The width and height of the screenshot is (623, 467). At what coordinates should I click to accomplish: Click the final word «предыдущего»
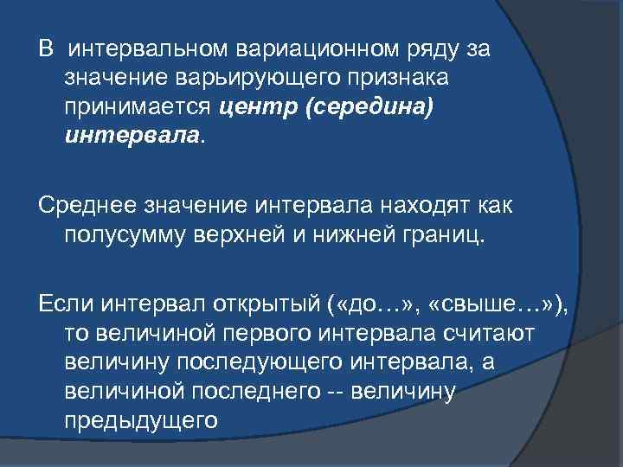coord(139,421)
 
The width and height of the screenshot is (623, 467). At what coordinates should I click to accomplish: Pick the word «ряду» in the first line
coord(432,48)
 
